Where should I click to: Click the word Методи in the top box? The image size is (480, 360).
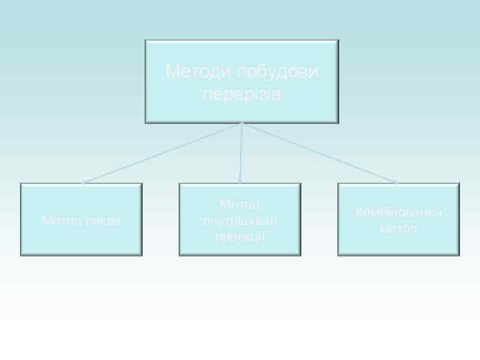[x=195, y=71]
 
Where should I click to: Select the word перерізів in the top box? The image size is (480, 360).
[x=241, y=94]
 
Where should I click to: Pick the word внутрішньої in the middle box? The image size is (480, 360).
[x=240, y=219]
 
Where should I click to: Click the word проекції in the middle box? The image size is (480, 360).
[x=240, y=235]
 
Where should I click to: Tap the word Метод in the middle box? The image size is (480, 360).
[x=240, y=203]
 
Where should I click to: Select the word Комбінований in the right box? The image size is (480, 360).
[x=399, y=213]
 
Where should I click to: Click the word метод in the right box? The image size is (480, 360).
[x=399, y=229]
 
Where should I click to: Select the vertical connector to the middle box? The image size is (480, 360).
[x=241, y=152]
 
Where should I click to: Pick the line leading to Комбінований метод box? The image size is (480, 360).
[x=319, y=153]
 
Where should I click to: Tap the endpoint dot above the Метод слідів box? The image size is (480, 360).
[x=83, y=182]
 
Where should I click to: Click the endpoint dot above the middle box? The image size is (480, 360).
[x=240, y=181]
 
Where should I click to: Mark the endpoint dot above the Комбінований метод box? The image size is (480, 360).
[x=397, y=181]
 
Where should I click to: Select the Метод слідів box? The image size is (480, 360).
[x=81, y=240]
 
